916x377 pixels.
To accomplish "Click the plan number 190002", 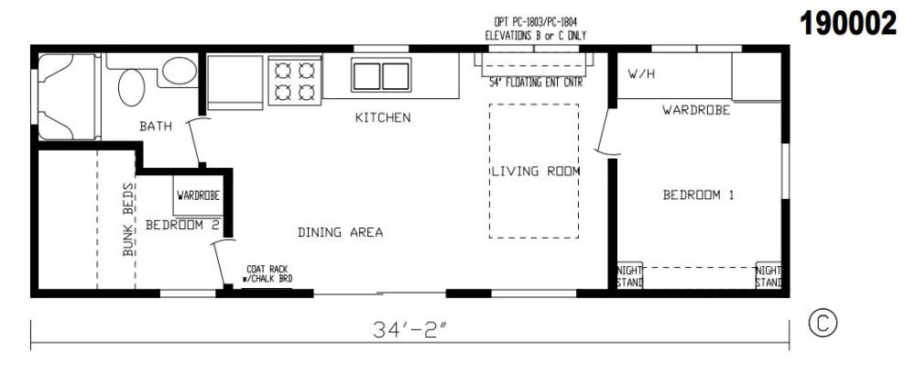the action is click(847, 24).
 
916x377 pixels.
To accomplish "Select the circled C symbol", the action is click(823, 324).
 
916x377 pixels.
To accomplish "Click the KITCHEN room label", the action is click(383, 117).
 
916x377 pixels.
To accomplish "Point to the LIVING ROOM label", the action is click(536, 172).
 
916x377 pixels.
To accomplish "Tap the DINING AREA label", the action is click(340, 232).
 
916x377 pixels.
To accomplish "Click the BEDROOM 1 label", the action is click(698, 195).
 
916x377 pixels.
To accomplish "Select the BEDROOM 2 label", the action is click(182, 224).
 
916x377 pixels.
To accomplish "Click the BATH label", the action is click(156, 126).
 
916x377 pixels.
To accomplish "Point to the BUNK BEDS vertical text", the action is click(128, 219).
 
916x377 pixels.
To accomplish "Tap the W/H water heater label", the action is click(641, 74).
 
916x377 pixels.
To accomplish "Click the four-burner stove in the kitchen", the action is click(295, 81).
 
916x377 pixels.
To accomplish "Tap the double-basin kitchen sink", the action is click(381, 75).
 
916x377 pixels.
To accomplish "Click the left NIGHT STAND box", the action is click(630, 275).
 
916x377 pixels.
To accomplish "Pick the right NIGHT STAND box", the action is click(769, 275).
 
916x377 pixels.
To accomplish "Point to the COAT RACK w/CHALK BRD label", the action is click(267, 274).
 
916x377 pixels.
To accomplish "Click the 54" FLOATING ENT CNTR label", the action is click(536, 83).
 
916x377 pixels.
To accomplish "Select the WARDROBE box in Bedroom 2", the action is click(199, 195).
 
